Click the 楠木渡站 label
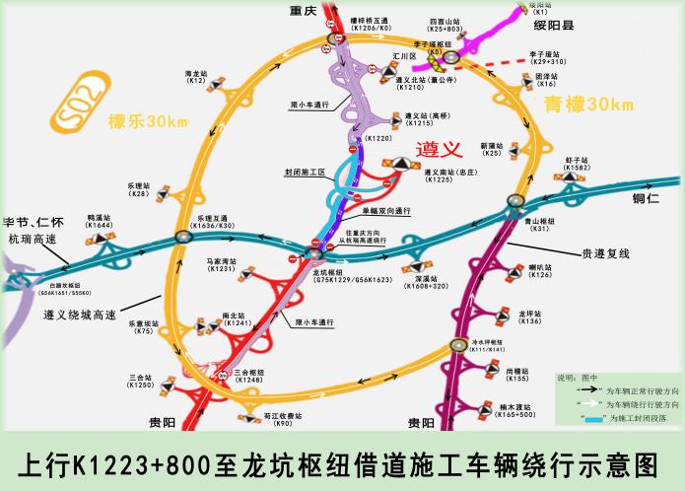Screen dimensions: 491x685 517,406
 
